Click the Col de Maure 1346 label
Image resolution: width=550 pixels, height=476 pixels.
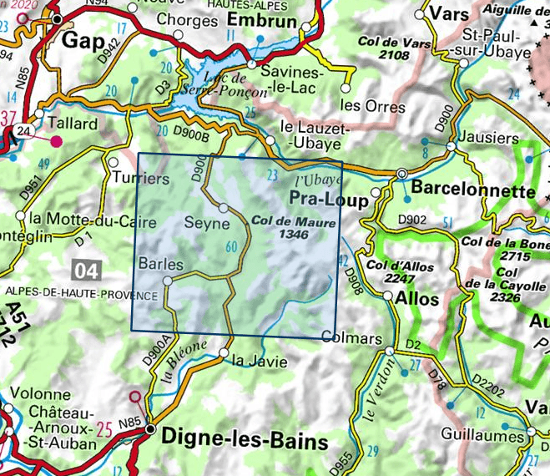293,229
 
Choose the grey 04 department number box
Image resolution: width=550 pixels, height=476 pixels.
88,270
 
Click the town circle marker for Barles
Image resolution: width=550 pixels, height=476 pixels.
167,282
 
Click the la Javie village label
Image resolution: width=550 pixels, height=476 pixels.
260,362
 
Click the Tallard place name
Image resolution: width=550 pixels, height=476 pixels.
74,124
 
